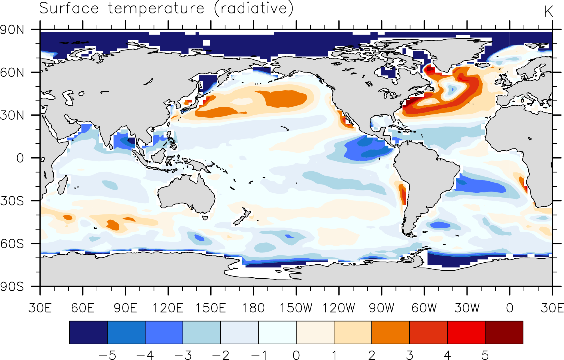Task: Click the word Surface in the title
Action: (69, 8)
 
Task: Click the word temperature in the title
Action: (156, 9)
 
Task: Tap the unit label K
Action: (548, 12)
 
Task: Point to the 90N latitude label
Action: (12, 30)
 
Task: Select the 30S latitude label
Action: (12, 201)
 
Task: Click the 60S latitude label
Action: (12, 244)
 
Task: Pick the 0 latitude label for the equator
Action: (20, 158)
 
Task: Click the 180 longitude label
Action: (253, 308)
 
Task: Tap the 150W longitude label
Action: (296, 308)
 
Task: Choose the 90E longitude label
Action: (126, 308)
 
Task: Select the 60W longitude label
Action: (424, 308)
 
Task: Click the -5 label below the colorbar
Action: (107, 355)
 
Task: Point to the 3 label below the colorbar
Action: (410, 355)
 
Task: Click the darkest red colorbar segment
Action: (504, 332)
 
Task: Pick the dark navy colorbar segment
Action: (88, 332)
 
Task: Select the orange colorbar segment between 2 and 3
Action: (391, 332)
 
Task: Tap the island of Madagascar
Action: (63, 185)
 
